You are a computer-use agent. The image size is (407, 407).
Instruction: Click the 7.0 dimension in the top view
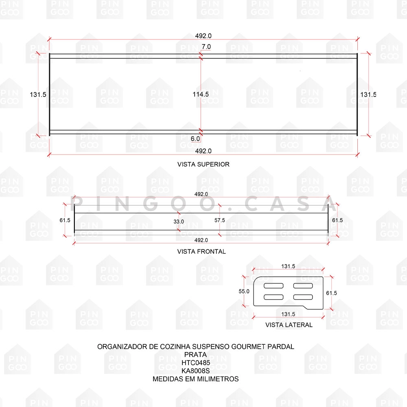click(206, 47)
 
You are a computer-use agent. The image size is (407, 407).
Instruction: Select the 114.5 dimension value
click(201, 94)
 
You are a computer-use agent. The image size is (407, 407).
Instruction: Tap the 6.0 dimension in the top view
click(195, 139)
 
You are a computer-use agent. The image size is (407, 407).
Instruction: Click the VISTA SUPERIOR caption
click(203, 164)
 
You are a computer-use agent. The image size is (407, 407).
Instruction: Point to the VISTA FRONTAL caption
click(201, 252)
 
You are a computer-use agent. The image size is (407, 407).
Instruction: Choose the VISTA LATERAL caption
click(289, 325)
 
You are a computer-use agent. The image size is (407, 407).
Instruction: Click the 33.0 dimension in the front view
click(179, 221)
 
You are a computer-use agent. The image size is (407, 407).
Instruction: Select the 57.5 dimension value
click(220, 220)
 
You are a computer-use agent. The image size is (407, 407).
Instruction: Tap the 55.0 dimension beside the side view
click(244, 291)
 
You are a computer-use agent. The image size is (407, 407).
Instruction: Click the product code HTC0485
click(195, 362)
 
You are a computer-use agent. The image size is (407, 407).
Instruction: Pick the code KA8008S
click(195, 370)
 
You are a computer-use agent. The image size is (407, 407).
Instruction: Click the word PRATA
click(195, 354)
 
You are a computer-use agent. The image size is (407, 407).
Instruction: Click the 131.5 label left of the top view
click(38, 94)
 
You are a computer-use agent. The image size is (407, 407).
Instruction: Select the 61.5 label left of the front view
click(65, 220)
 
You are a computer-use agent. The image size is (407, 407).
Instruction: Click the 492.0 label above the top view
click(203, 36)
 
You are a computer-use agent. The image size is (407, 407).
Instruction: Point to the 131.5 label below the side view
click(288, 314)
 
